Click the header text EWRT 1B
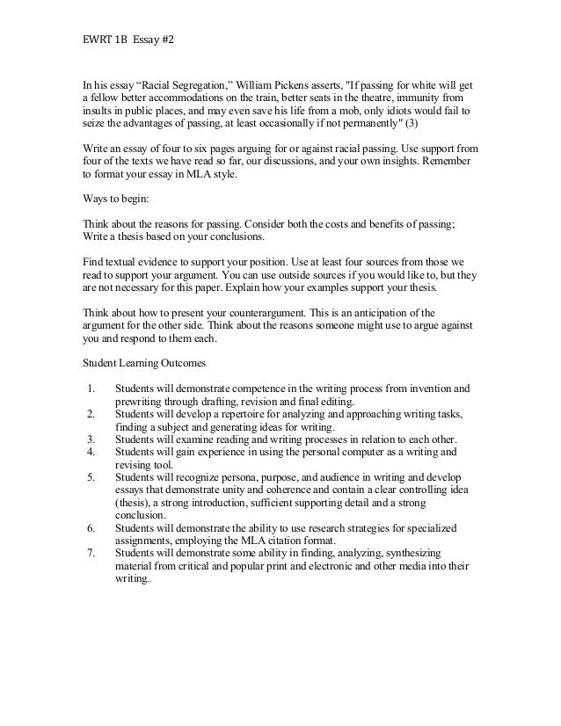pos(91,40)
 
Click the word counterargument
pos(280,311)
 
